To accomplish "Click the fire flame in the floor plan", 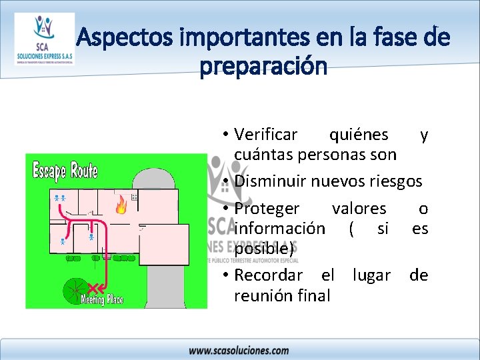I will tap(121, 204).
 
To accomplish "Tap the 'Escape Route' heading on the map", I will tap(65, 171).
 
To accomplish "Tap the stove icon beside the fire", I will tap(135, 197).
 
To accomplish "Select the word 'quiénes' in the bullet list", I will tap(359, 135).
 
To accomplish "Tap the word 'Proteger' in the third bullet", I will tap(267, 209).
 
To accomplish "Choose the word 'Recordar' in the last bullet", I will tap(268, 275).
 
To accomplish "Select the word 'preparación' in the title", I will tap(263, 67).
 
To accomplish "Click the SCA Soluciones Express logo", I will tap(45, 39).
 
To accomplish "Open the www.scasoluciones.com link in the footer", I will tap(239, 350).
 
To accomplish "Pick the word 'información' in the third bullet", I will tap(280, 229).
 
